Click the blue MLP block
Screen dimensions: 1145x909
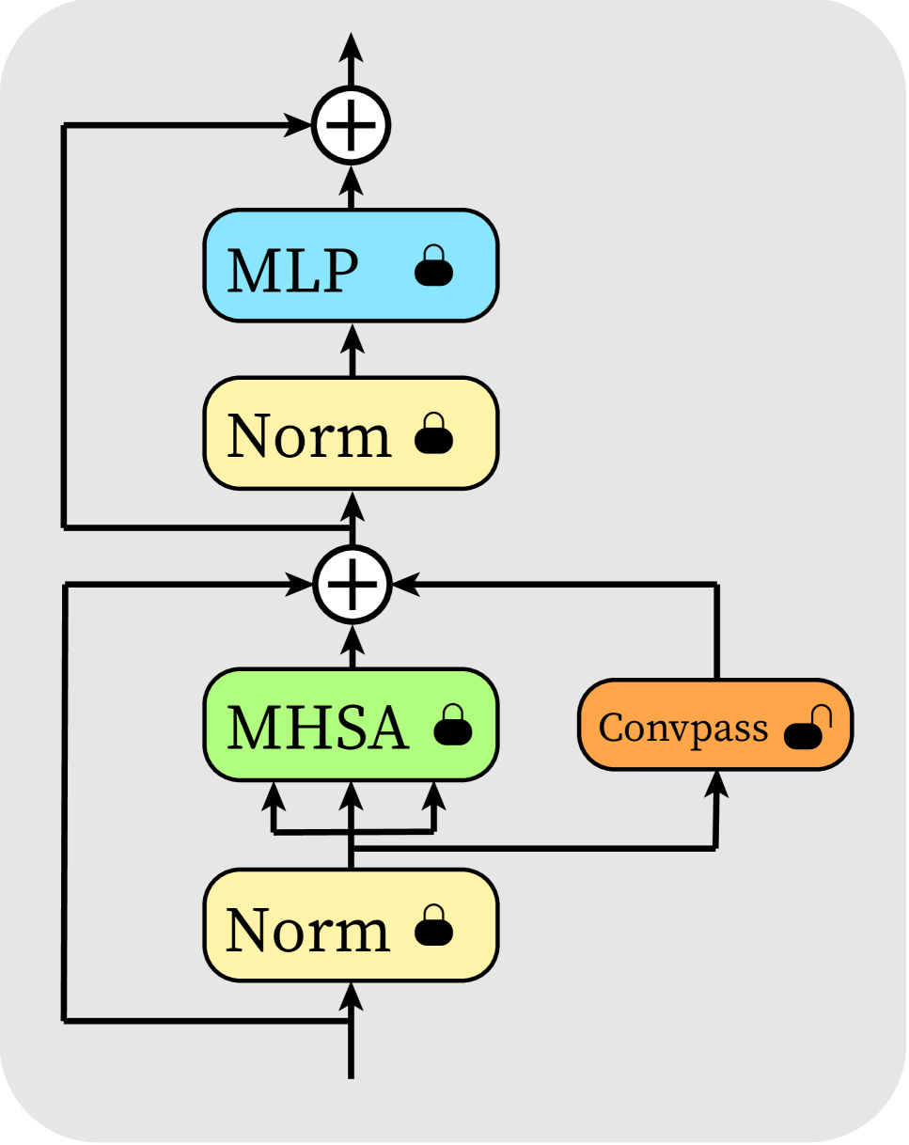click(351, 266)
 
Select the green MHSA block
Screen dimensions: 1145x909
click(351, 725)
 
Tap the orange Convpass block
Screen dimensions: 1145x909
click(714, 725)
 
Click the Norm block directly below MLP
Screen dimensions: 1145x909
click(351, 433)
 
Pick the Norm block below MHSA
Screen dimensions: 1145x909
click(351, 926)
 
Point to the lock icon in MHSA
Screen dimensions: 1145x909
click(452, 726)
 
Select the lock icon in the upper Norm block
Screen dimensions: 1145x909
click(434, 434)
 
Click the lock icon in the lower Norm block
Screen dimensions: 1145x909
click(434, 927)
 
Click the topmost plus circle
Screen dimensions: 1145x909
click(351, 124)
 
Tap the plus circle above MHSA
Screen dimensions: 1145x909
click(351, 585)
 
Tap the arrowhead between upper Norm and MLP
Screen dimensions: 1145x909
click(351, 337)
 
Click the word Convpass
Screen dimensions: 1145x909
click(683, 729)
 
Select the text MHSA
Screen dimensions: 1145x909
click(318, 728)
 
